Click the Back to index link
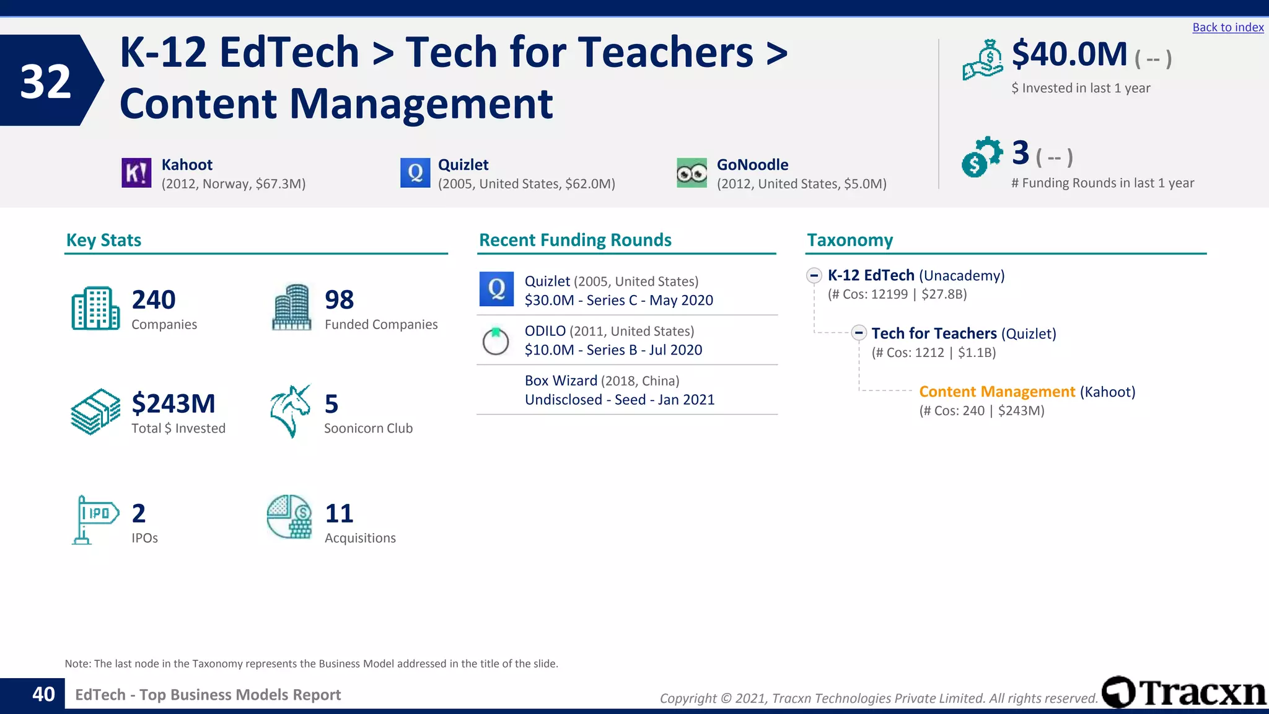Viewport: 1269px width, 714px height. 1227,27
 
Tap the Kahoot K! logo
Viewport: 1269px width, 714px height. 136,173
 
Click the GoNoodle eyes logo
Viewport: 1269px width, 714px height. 692,173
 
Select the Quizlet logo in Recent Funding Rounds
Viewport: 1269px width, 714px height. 496,289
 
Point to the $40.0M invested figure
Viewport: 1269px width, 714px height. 1069,55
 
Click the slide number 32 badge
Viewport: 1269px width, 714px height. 46,81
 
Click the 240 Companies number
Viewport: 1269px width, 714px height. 154,300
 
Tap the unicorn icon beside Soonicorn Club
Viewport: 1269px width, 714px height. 290,410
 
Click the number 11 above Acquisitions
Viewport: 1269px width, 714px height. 339,514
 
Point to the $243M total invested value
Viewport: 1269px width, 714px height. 173,404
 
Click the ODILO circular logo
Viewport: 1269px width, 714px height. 496,340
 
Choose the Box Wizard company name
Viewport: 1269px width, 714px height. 561,381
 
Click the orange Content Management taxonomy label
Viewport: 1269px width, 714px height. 997,392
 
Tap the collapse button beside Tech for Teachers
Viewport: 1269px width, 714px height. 859,333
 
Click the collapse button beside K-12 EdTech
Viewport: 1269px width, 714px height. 814,275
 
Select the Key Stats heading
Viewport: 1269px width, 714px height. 103,240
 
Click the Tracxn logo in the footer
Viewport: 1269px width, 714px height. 1183,692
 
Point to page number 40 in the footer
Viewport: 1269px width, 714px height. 43,694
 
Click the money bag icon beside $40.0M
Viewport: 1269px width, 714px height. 983,59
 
